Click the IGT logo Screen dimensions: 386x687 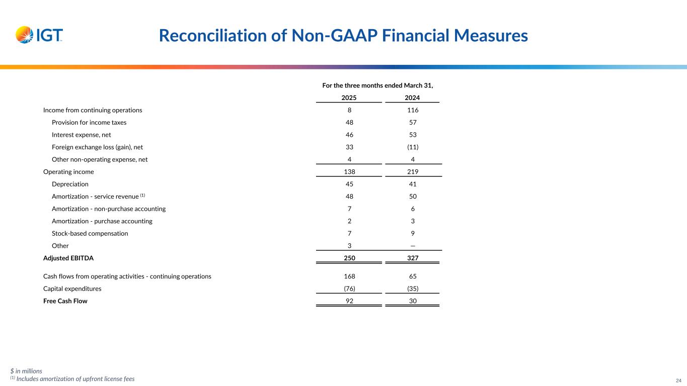[x=39, y=35]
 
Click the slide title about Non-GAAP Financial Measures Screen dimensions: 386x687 [x=343, y=36]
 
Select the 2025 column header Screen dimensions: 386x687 [x=349, y=98]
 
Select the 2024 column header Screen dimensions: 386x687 [x=412, y=98]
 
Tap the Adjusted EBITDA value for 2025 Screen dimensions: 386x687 [x=349, y=258]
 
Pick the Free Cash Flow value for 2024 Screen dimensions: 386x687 [x=412, y=302]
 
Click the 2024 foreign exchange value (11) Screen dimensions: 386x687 [x=412, y=147]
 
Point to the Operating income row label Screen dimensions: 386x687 [x=68, y=172]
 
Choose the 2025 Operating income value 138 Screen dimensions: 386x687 [x=349, y=172]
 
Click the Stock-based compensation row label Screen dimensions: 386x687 [x=90, y=234]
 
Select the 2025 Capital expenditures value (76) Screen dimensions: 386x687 [x=349, y=289]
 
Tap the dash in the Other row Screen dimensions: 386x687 [x=412, y=246]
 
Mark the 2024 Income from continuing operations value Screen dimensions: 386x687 [x=412, y=110]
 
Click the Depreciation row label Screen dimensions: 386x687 [x=70, y=184]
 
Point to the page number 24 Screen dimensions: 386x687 [x=678, y=380]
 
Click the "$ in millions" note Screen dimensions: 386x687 [x=26, y=371]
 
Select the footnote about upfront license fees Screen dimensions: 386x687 [x=72, y=379]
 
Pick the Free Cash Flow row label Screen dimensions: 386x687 [x=65, y=302]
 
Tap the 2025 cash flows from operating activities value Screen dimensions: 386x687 [x=349, y=276]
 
